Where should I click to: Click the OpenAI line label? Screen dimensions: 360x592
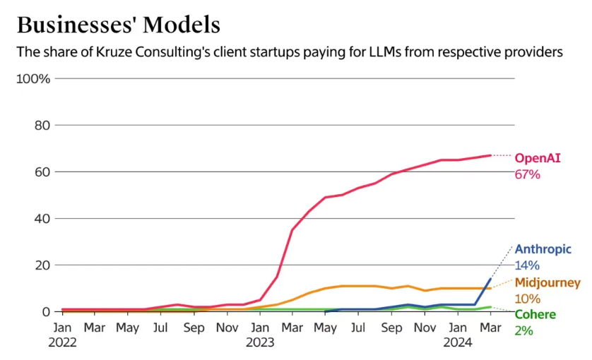538,158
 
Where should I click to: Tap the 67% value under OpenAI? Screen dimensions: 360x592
527,174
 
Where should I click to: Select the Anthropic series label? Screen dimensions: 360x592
543,249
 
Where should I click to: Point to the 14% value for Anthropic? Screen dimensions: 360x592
527,265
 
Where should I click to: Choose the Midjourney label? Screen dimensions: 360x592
547,283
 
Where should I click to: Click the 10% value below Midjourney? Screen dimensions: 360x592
527,299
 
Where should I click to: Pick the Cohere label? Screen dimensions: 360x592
535,315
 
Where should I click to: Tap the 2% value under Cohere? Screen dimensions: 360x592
523,330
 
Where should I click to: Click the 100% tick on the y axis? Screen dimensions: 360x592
33,78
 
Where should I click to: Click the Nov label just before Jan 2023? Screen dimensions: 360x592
227,328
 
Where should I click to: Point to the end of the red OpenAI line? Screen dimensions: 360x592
490,155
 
